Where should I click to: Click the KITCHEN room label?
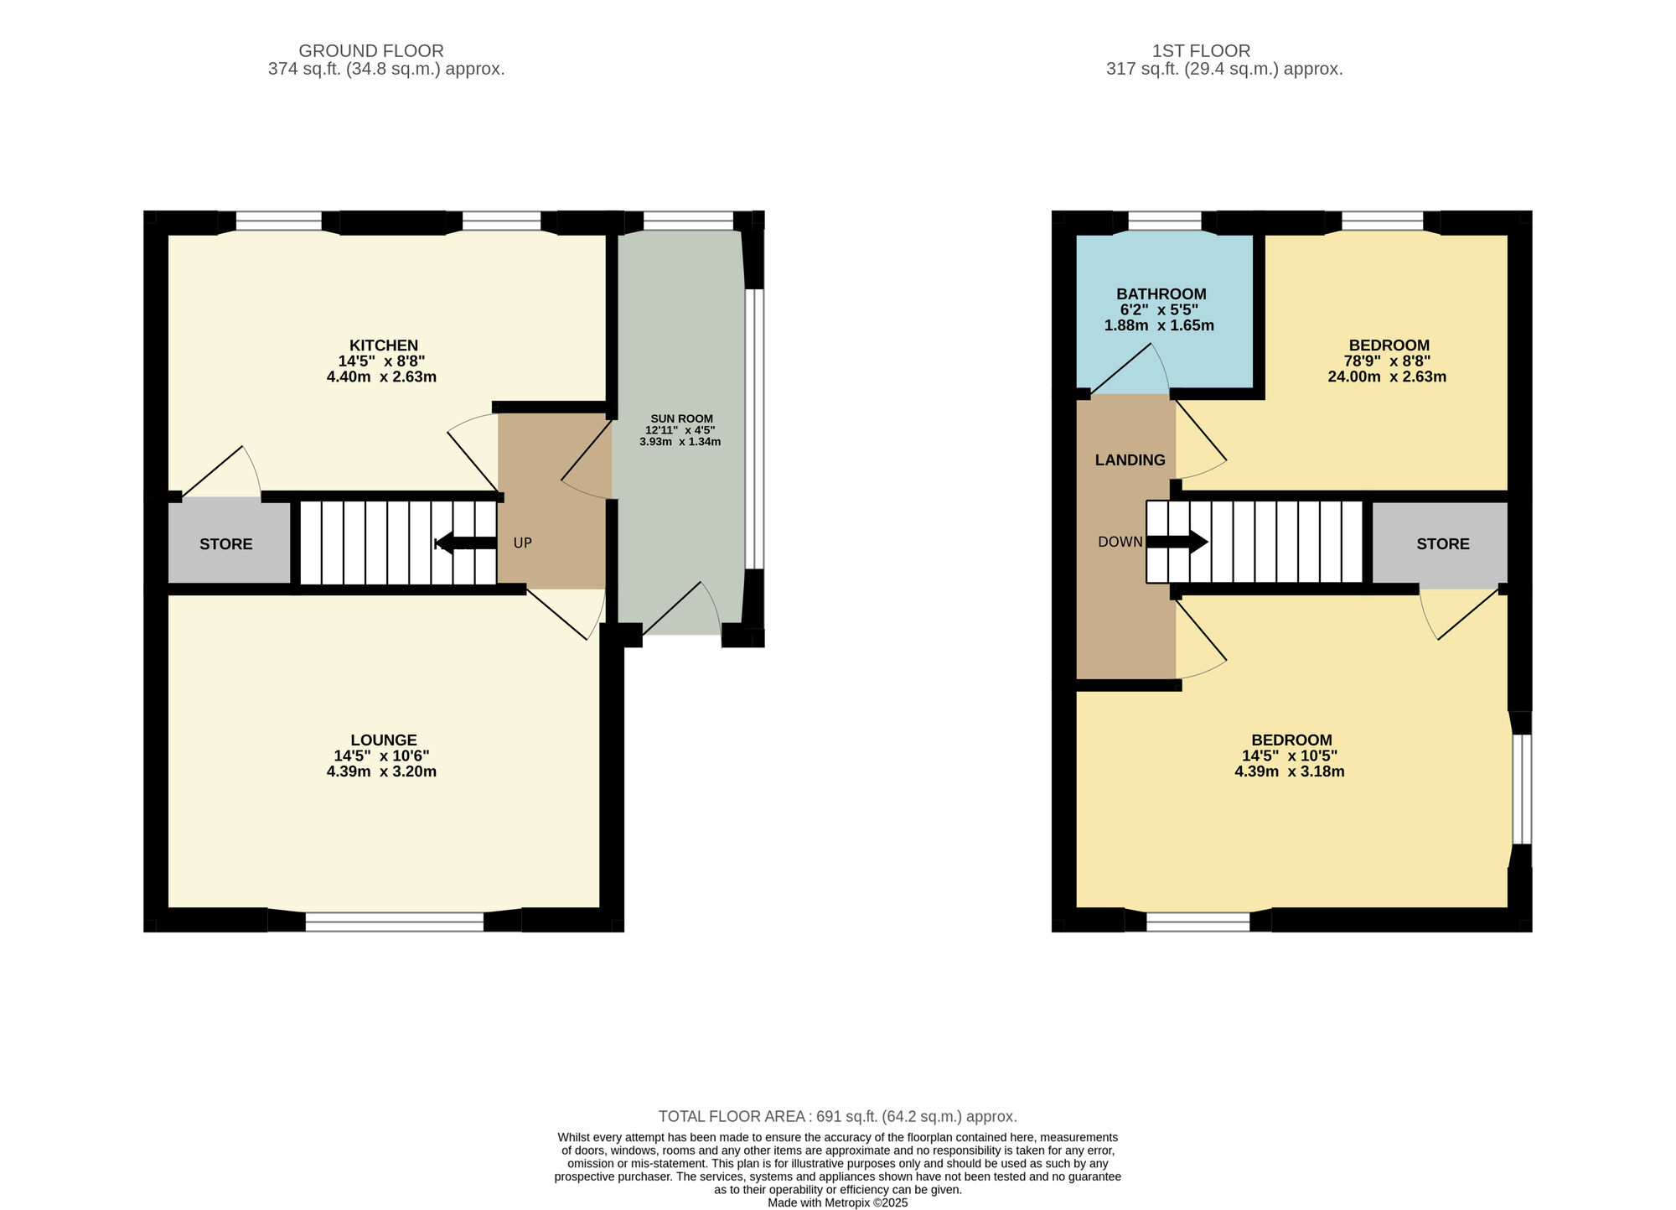pyautogui.click(x=383, y=345)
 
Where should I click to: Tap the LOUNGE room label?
pyautogui.click(x=384, y=740)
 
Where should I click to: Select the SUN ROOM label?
pyautogui.click(x=681, y=419)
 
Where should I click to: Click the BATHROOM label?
pyautogui.click(x=1161, y=294)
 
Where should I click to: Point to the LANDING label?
pyautogui.click(x=1130, y=460)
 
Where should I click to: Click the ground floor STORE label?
pyautogui.click(x=226, y=544)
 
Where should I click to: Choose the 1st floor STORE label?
pyautogui.click(x=1443, y=544)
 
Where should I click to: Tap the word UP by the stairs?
pyautogui.click(x=522, y=543)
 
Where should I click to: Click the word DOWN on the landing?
pyautogui.click(x=1120, y=543)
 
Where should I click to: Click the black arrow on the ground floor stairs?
pyautogui.click(x=467, y=543)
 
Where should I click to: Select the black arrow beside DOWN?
pyautogui.click(x=1177, y=542)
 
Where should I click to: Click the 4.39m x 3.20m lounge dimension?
pyautogui.click(x=381, y=771)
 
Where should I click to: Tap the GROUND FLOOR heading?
pyautogui.click(x=371, y=51)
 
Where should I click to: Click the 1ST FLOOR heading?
pyautogui.click(x=1201, y=51)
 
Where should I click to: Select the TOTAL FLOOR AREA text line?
pyautogui.click(x=838, y=1117)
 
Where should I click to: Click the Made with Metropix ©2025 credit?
pyautogui.click(x=838, y=1202)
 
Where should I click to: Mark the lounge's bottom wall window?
pyautogui.click(x=395, y=922)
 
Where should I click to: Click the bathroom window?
pyautogui.click(x=1165, y=221)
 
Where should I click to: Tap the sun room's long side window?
pyautogui.click(x=755, y=429)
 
